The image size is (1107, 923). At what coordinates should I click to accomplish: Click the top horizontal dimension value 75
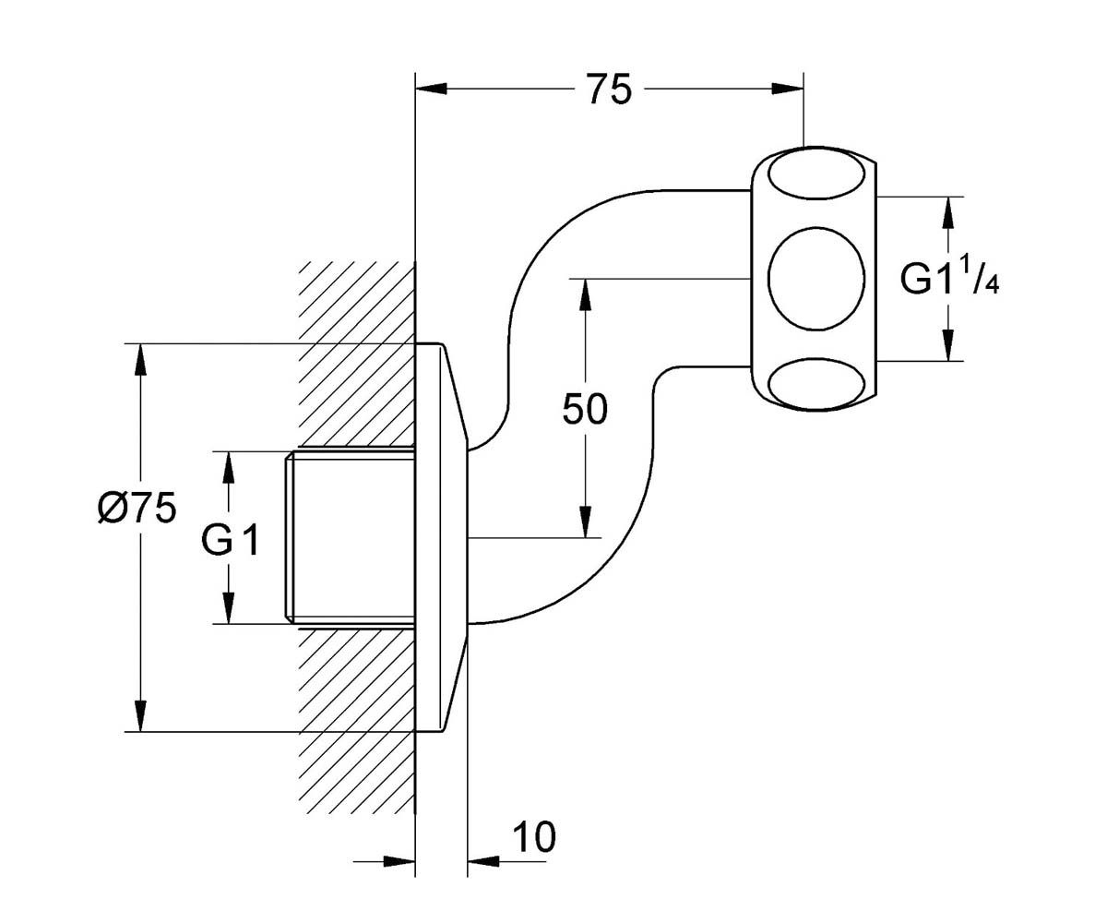coord(609,90)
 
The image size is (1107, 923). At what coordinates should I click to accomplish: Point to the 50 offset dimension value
coord(585,409)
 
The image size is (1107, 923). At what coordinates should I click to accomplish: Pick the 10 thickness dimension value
coord(534,837)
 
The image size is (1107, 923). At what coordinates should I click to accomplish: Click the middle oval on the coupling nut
coord(816,279)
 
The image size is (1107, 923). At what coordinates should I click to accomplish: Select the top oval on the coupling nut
coord(816,174)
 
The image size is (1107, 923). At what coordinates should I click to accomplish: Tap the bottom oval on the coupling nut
coord(816,384)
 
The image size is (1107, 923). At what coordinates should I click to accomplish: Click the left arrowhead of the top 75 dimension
coord(432,89)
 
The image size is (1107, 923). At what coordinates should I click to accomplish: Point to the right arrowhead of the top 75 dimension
coord(788,89)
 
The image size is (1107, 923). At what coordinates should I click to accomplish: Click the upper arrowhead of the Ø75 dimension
coord(140,360)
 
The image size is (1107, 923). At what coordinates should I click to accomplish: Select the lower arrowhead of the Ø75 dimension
coord(140,716)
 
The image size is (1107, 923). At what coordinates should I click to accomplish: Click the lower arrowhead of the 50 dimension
coord(585,522)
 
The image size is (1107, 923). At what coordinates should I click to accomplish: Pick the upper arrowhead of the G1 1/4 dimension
coord(948,212)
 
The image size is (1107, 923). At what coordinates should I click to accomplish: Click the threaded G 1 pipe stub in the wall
coord(350,538)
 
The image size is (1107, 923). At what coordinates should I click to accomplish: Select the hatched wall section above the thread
coord(356,354)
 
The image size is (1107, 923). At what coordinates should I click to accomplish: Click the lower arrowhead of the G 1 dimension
coord(229,608)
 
